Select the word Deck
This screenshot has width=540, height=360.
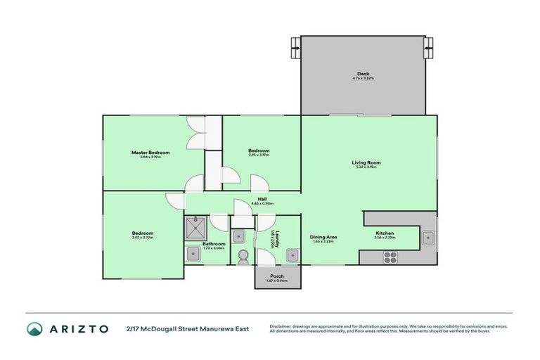point(363,73)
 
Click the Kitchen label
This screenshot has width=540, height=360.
point(385,233)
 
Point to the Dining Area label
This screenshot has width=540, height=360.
point(323,237)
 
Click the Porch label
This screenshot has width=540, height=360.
point(277,276)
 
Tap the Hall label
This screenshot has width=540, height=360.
point(262,199)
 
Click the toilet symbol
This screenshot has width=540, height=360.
point(243,256)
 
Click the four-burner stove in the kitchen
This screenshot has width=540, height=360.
point(390,257)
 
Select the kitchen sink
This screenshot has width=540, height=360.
point(427,239)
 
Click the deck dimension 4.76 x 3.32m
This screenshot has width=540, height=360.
point(363,78)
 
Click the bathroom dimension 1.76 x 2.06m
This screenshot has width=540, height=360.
point(213,248)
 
